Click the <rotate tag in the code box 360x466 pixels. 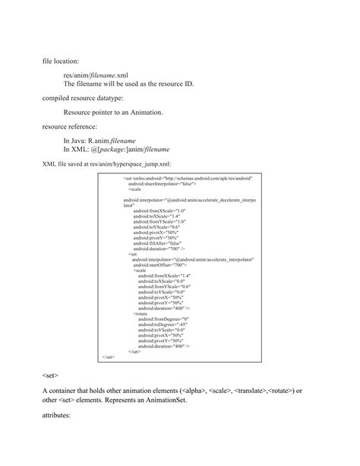click(x=141, y=313)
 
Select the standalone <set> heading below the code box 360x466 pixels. click(x=51, y=376)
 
